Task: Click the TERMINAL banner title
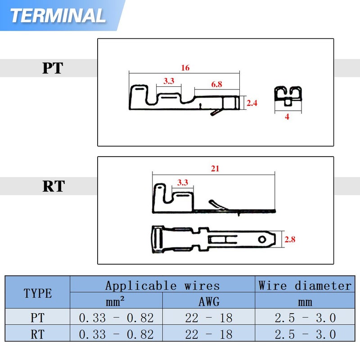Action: (58, 16)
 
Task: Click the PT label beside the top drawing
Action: (53, 68)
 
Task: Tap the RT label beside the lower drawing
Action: (54, 186)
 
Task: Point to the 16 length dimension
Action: (185, 68)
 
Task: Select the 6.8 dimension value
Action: (216, 84)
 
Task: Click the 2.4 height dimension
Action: (252, 103)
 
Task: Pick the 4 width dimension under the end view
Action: (287, 117)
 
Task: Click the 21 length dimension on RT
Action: (215, 168)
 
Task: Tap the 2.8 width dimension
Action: (290, 239)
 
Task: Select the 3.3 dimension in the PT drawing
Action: (169, 81)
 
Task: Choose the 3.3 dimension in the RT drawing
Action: (183, 183)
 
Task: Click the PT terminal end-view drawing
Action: (288, 96)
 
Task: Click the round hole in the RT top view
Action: (262, 239)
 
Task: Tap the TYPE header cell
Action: (38, 293)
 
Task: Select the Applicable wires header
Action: (162, 285)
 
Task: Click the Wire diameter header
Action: (305, 285)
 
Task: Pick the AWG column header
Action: (209, 301)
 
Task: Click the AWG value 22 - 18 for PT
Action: (209, 318)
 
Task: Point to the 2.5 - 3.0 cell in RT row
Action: (305, 334)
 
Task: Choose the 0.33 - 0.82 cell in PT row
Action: (116, 318)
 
